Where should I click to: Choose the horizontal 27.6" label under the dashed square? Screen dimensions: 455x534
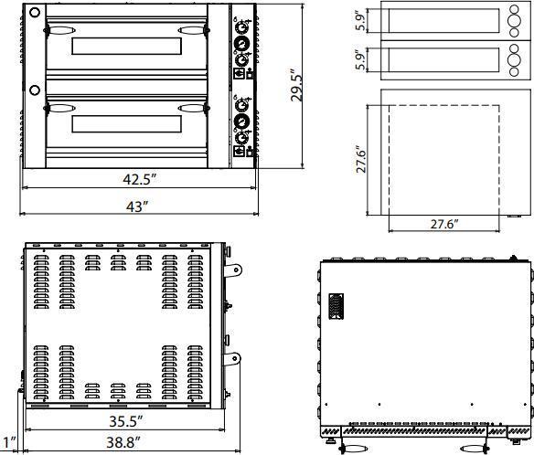click(x=443, y=223)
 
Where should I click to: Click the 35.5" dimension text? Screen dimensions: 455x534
click(x=125, y=422)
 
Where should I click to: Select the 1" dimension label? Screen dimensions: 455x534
click(x=8, y=442)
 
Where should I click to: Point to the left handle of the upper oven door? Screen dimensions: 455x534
click(x=58, y=30)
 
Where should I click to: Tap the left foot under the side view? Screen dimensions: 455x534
click(x=352, y=447)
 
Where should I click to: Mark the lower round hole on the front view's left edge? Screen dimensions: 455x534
click(x=34, y=90)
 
